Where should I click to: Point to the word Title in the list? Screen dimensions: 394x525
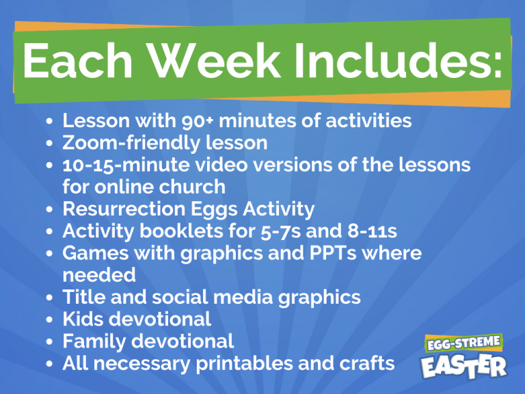[x=83, y=297]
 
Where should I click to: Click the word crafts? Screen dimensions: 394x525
[x=365, y=363]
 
